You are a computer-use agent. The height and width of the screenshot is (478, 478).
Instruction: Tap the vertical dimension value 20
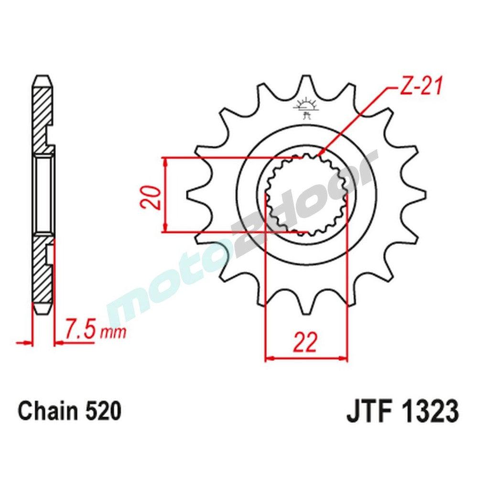pos(150,196)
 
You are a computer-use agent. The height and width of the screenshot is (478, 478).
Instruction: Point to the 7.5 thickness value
pos(79,329)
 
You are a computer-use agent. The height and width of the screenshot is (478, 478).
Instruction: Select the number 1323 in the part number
pos(429,411)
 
